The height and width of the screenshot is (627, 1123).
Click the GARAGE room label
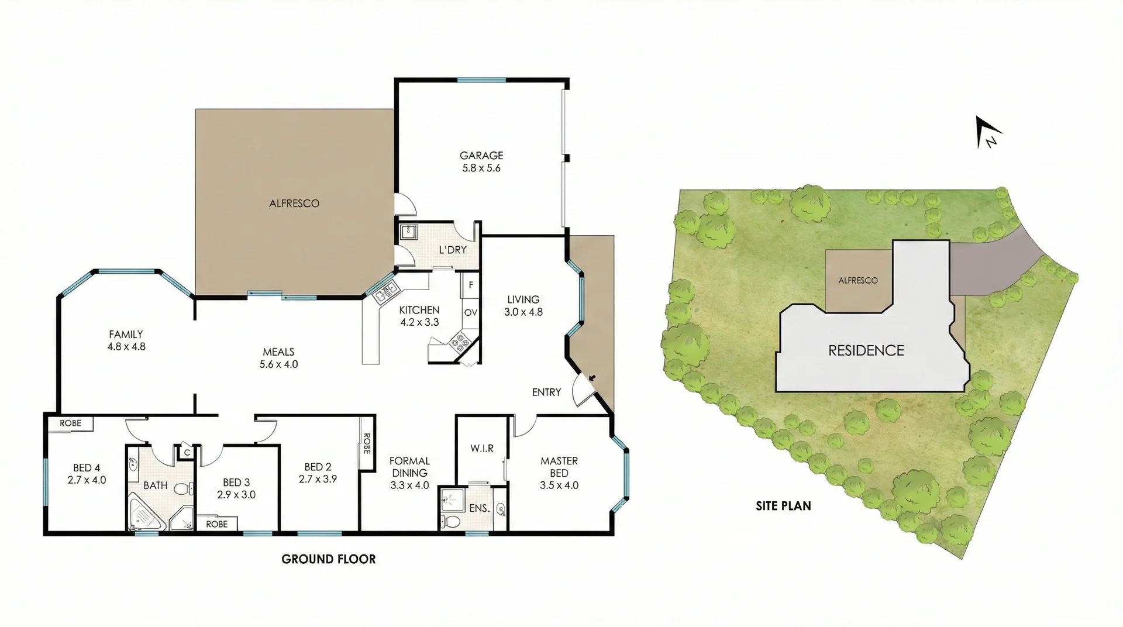(481, 156)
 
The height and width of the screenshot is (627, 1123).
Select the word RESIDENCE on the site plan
(866, 350)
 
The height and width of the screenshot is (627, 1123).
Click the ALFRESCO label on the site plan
(857, 281)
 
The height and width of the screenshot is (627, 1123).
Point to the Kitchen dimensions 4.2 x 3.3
(419, 322)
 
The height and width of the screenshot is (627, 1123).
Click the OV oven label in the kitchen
(470, 313)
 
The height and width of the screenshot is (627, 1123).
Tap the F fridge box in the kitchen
(471, 285)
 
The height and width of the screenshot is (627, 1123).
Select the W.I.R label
(482, 449)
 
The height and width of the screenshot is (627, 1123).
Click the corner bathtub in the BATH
(144, 514)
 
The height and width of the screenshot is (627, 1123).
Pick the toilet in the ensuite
(452, 521)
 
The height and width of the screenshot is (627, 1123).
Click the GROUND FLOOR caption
(328, 559)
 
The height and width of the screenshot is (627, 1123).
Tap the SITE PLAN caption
(783, 506)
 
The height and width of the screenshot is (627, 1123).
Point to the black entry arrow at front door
(592, 378)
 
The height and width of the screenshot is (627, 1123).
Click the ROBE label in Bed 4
(71, 423)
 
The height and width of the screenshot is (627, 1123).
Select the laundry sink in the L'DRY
(408, 232)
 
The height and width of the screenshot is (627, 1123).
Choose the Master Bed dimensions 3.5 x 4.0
(559, 485)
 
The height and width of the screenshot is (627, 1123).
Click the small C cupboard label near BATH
(187, 452)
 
